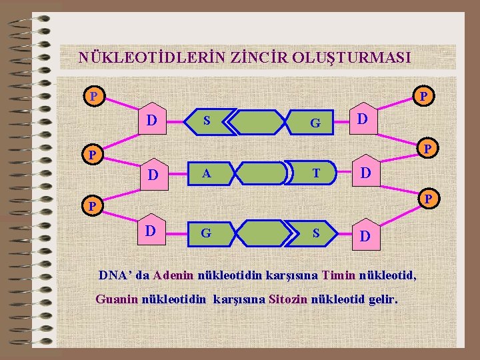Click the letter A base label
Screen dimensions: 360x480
(207, 174)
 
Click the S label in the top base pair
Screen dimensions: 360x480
(207, 121)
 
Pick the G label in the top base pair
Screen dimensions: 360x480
(315, 123)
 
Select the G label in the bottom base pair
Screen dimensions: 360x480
(206, 233)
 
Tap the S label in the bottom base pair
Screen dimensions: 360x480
(317, 233)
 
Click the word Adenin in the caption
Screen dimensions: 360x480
(173, 275)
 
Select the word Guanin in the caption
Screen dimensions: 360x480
(117, 299)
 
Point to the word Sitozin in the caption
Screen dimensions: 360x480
(289, 299)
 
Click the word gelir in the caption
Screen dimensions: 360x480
(382, 299)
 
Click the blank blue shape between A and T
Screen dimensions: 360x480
(261, 174)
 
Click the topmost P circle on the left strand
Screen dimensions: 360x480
(94, 96)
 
